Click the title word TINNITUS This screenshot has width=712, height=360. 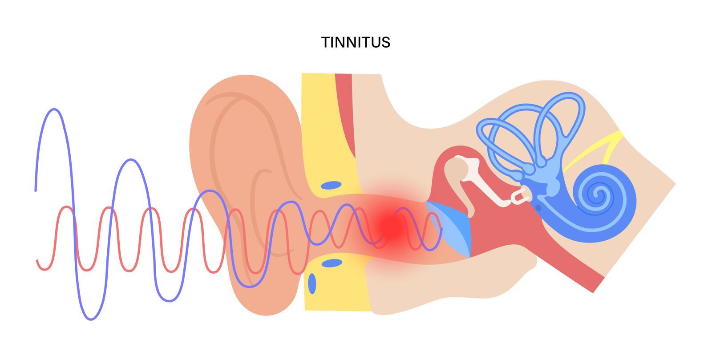[x=356, y=42]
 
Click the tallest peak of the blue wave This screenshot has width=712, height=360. [x=54, y=109]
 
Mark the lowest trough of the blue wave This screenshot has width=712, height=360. [x=91, y=319]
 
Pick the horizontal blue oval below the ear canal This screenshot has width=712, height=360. [x=332, y=263]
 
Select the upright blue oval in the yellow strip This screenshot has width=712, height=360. [x=312, y=283]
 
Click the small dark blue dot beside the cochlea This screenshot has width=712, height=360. [x=538, y=207]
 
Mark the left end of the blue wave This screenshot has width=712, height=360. [x=36, y=190]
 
